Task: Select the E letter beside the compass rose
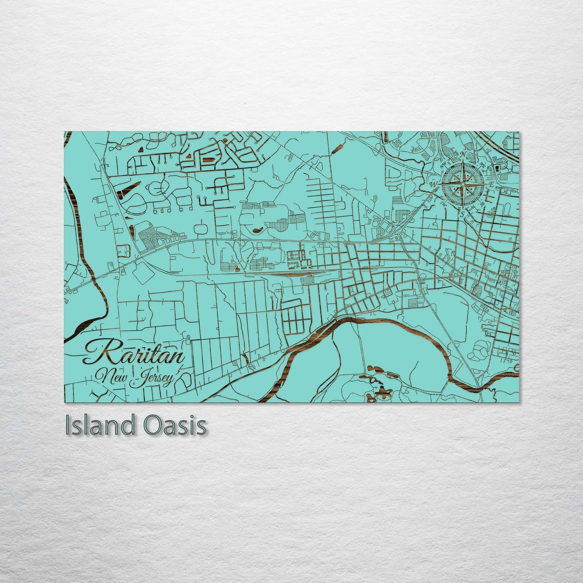pos(492,184)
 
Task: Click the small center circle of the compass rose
pos(463,184)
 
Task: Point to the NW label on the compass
pos(443,165)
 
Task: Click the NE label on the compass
pos(484,165)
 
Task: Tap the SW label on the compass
pos(443,204)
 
